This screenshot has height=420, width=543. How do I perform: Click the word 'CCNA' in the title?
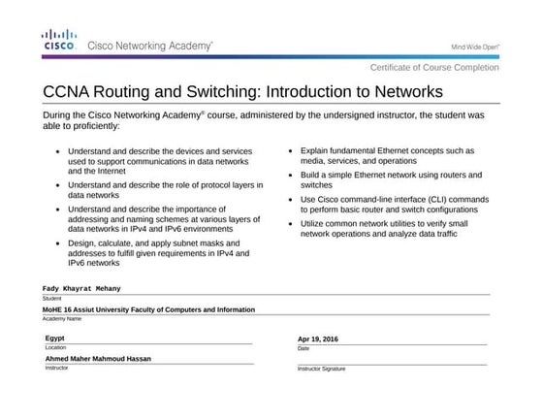pos(71,91)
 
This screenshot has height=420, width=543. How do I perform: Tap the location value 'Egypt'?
pos(55,338)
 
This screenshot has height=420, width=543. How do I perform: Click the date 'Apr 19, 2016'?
pos(318,339)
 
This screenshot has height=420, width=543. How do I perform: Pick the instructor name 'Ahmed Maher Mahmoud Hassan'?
pos(98,358)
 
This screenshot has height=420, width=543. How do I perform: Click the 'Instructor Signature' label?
pos(321,369)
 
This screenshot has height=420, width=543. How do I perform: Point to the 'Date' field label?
pos(303,348)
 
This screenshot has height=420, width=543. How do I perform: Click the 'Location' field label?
pos(55,346)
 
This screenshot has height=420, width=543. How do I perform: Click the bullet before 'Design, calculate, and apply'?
pos(58,242)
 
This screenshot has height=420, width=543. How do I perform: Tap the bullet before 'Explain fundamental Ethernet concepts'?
pos(291,152)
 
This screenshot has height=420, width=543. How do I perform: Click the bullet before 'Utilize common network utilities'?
pos(291,224)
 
